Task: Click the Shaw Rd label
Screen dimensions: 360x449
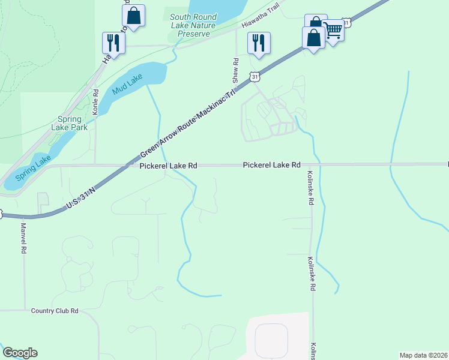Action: pos(236,70)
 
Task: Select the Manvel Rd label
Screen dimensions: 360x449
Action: pos(24,237)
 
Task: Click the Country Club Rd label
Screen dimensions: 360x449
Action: pos(55,311)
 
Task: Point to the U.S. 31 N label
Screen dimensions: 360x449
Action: pos(82,197)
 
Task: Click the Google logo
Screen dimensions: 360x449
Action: pos(20,353)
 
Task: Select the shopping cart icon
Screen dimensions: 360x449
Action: pos(333,30)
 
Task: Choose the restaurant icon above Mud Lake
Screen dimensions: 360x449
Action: pos(113,43)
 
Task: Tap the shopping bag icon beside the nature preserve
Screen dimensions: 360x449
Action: pos(134,16)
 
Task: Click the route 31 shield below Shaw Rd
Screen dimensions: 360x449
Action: pos(256,77)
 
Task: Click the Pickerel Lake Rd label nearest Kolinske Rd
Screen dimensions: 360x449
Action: pos(271,165)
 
